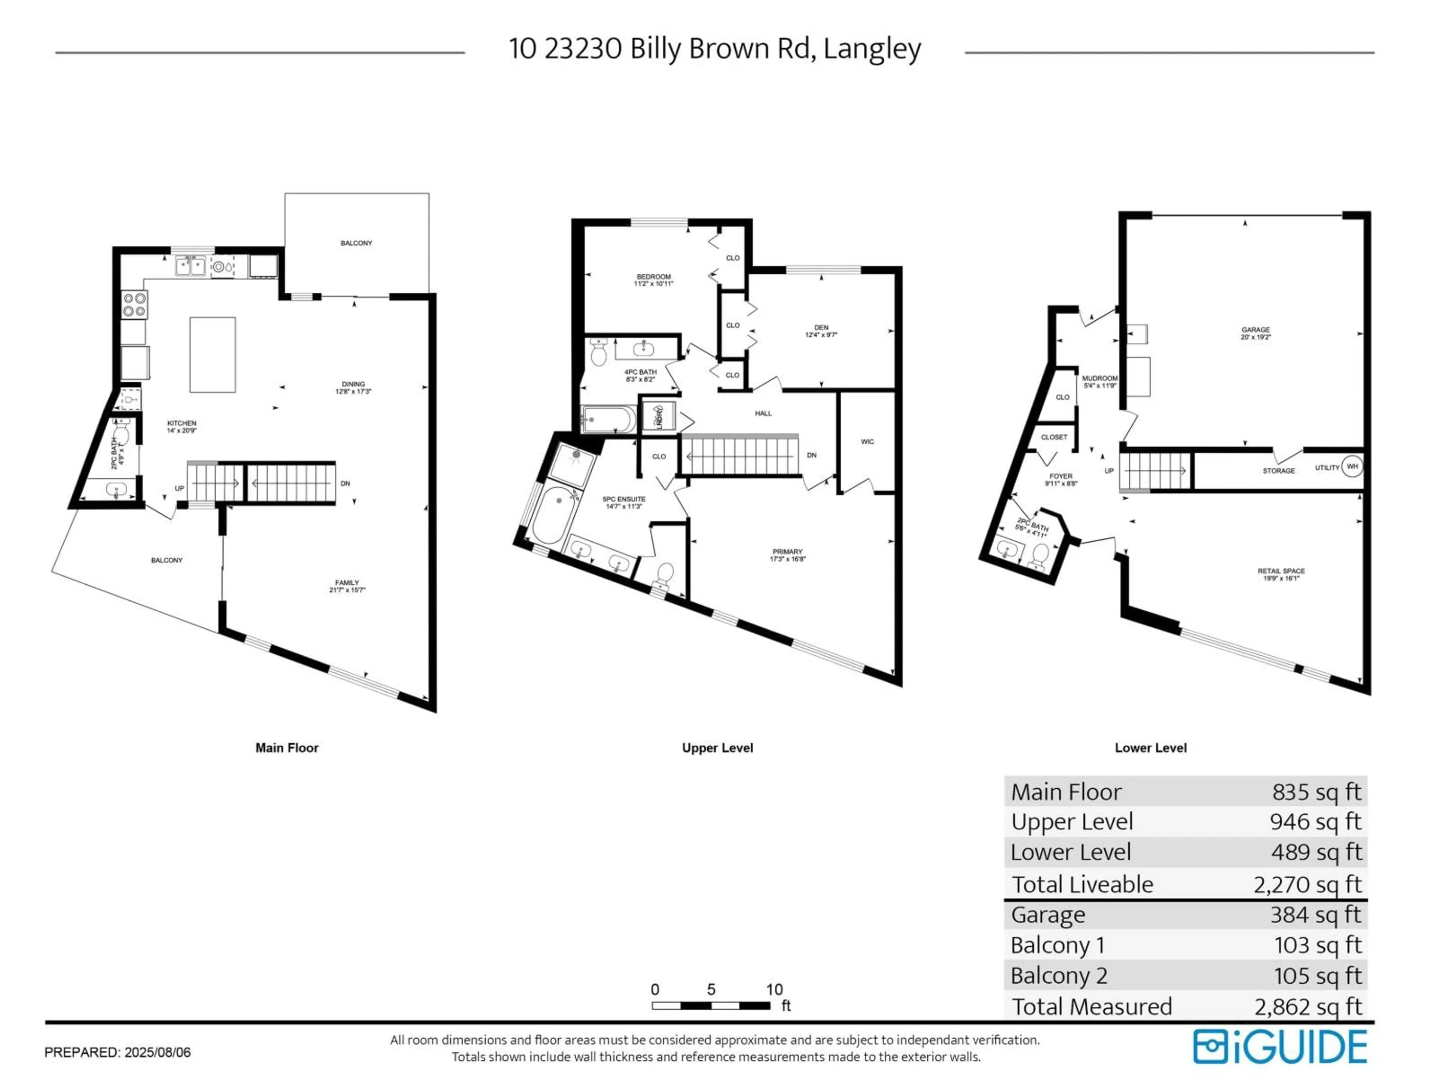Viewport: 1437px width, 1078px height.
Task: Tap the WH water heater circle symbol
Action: click(x=1352, y=466)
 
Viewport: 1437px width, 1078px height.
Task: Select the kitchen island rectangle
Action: click(x=213, y=355)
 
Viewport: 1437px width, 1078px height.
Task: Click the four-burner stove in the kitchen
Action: click(x=134, y=305)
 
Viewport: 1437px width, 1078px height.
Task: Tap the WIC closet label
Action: click(x=867, y=442)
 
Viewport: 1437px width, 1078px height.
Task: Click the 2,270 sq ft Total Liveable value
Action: click(x=1307, y=884)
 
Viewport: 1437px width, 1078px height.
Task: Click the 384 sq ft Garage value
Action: click(x=1315, y=914)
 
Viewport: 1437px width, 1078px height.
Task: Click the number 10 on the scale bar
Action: click(x=774, y=990)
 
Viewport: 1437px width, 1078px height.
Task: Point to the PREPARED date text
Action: click(x=118, y=1052)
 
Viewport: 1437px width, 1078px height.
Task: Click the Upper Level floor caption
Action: click(x=717, y=748)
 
